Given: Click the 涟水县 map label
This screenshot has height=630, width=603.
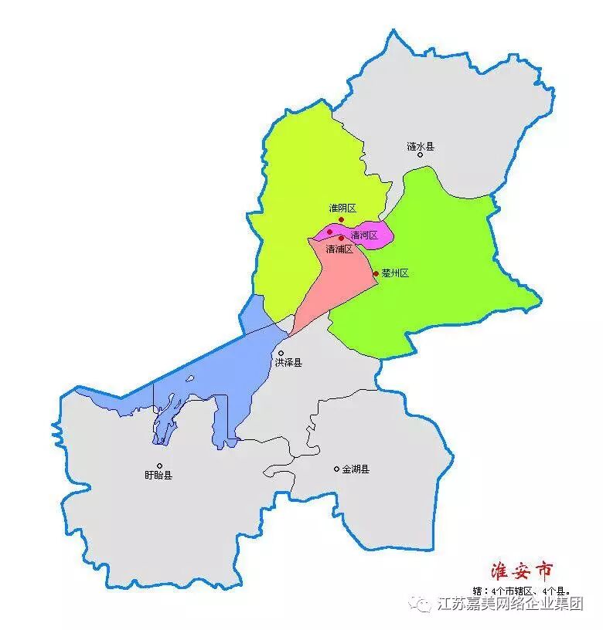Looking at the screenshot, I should coord(421,146).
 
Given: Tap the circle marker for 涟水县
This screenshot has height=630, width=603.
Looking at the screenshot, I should coord(421,154).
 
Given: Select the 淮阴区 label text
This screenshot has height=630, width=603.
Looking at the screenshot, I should coord(342,208).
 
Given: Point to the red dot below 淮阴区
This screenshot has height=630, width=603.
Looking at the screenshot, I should coord(341,219).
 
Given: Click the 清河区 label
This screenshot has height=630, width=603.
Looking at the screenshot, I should coord(363,235).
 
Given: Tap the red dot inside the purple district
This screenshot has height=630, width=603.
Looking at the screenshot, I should coord(329,232).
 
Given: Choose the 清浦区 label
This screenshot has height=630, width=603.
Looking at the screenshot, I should coord(339,249).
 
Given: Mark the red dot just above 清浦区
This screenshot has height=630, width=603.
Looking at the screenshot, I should coord(341,239).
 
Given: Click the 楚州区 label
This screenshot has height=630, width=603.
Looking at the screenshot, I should coord(395,273).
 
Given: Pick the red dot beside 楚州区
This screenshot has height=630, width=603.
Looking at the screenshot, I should coord(376,273).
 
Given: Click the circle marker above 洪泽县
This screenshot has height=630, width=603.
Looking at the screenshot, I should coord(281,353).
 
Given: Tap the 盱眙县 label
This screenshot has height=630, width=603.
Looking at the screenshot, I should coord(158,475).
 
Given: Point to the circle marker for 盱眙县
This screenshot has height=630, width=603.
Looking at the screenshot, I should coord(160,466).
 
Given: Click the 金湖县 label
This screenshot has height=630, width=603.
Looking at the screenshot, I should coord(356,469).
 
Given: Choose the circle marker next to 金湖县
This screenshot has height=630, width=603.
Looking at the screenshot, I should coord(336,469).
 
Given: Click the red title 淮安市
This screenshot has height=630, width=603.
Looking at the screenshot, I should coord(523,572).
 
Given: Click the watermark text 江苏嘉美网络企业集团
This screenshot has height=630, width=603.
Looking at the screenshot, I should coord(510,604).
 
